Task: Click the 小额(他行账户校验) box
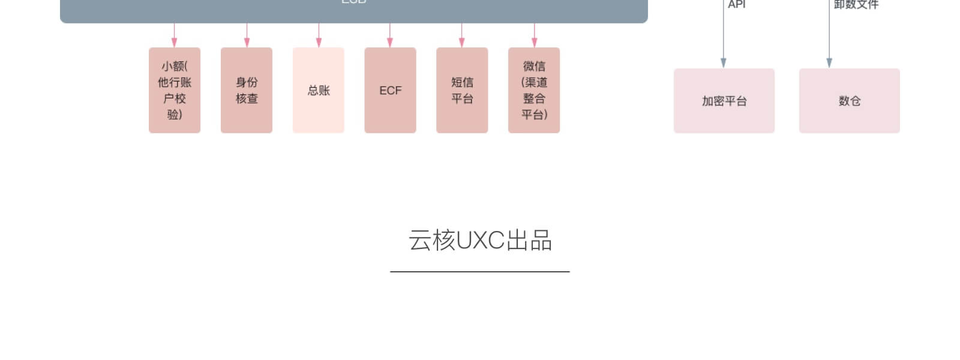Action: pos(174,90)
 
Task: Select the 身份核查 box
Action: pos(246,90)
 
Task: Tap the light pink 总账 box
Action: pos(318,90)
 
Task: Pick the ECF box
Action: pos(390,90)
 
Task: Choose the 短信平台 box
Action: pos(462,90)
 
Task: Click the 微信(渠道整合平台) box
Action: pos(534,90)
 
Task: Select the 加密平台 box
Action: pos(724,101)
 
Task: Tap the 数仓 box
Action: pos(849,101)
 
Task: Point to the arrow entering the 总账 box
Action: pos(319,36)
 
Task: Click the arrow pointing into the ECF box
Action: pos(390,36)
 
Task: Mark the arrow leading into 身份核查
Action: pos(247,36)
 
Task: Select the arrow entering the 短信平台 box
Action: pos(461,36)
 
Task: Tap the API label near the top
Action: pos(737,5)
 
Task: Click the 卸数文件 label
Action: pos(856,5)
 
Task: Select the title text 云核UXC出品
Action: pos(480,240)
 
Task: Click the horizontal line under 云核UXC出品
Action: pos(480,272)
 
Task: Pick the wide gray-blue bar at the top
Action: pos(354,11)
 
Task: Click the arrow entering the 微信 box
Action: pos(534,36)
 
